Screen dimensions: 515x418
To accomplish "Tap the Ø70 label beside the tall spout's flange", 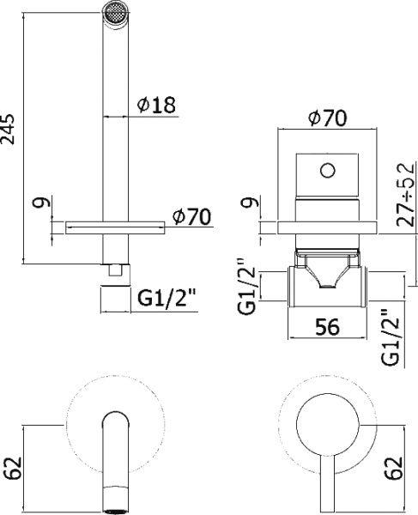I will coord(191,217).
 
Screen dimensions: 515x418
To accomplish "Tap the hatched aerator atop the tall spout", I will coord(114,11).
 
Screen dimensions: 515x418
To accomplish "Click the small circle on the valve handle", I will coord(326,170).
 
